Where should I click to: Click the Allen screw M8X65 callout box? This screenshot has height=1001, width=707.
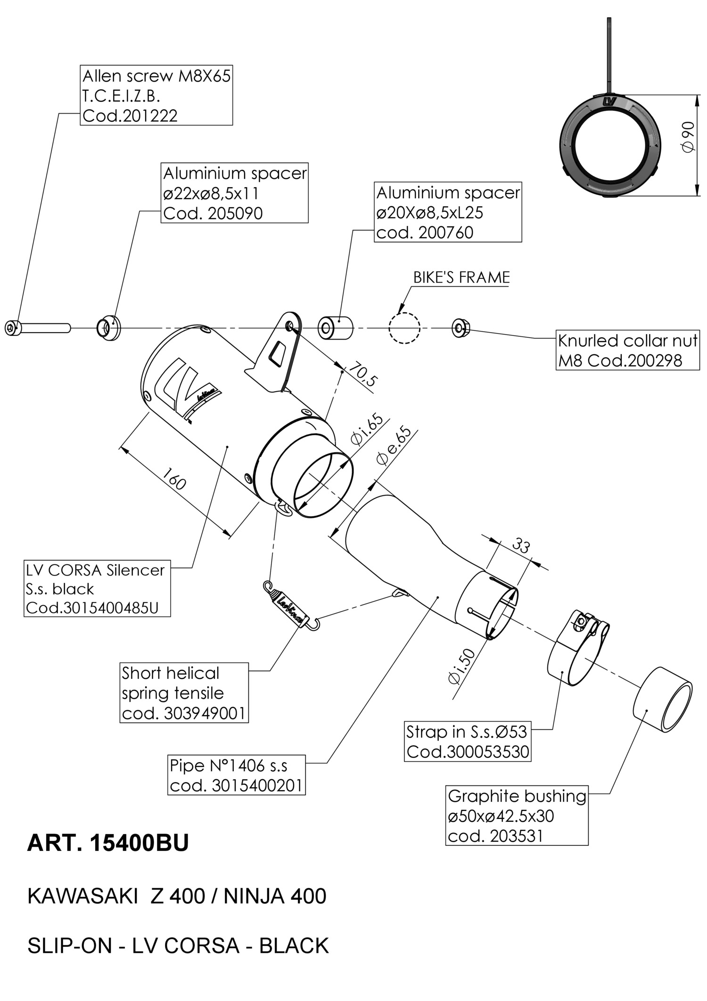point(156,95)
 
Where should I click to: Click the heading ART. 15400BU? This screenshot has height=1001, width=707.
point(108,843)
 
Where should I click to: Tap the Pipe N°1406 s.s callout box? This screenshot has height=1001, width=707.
point(237,775)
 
